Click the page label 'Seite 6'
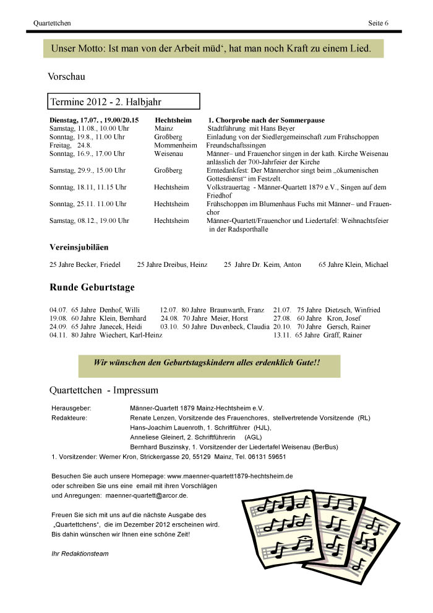click(x=378, y=24)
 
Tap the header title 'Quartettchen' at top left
click(x=52, y=24)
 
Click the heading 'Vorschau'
click(x=66, y=77)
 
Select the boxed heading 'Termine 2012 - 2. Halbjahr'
click(x=106, y=101)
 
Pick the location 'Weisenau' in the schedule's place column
click(x=169, y=154)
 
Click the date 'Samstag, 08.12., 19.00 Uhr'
click(x=89, y=220)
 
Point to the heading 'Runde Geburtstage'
click(x=92, y=287)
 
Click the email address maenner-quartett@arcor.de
click(x=154, y=496)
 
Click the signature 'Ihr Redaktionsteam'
click(x=80, y=553)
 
